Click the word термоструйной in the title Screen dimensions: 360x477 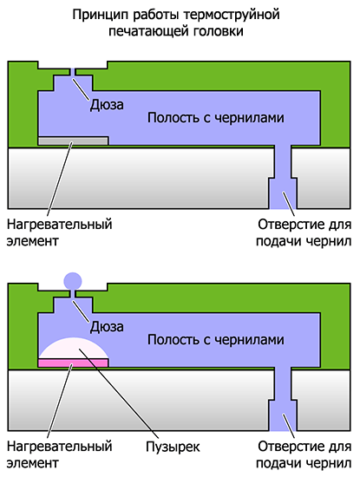[x=232, y=15]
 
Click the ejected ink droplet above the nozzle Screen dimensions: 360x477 [x=73, y=280]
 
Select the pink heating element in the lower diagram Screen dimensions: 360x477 [x=74, y=363]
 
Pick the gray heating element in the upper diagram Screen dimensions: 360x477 [x=74, y=140]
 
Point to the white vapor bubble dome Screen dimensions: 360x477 [x=74, y=348]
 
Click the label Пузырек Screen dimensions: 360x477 [x=173, y=448]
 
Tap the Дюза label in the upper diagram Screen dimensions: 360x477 [x=107, y=105]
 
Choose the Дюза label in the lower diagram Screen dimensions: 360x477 [x=107, y=327]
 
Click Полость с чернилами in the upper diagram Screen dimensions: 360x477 [x=216, y=118]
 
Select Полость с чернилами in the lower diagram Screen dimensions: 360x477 [x=216, y=340]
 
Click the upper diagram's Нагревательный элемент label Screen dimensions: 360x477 [x=60, y=232]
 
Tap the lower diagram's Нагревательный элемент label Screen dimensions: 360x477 [x=60, y=454]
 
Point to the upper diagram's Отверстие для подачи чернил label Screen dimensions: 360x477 [x=304, y=232]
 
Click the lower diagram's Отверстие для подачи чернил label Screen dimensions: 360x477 [x=304, y=454]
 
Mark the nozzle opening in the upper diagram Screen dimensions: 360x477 [x=73, y=72]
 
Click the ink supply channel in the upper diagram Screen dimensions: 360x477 [x=283, y=177]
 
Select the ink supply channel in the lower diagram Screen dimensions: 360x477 [x=283, y=399]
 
